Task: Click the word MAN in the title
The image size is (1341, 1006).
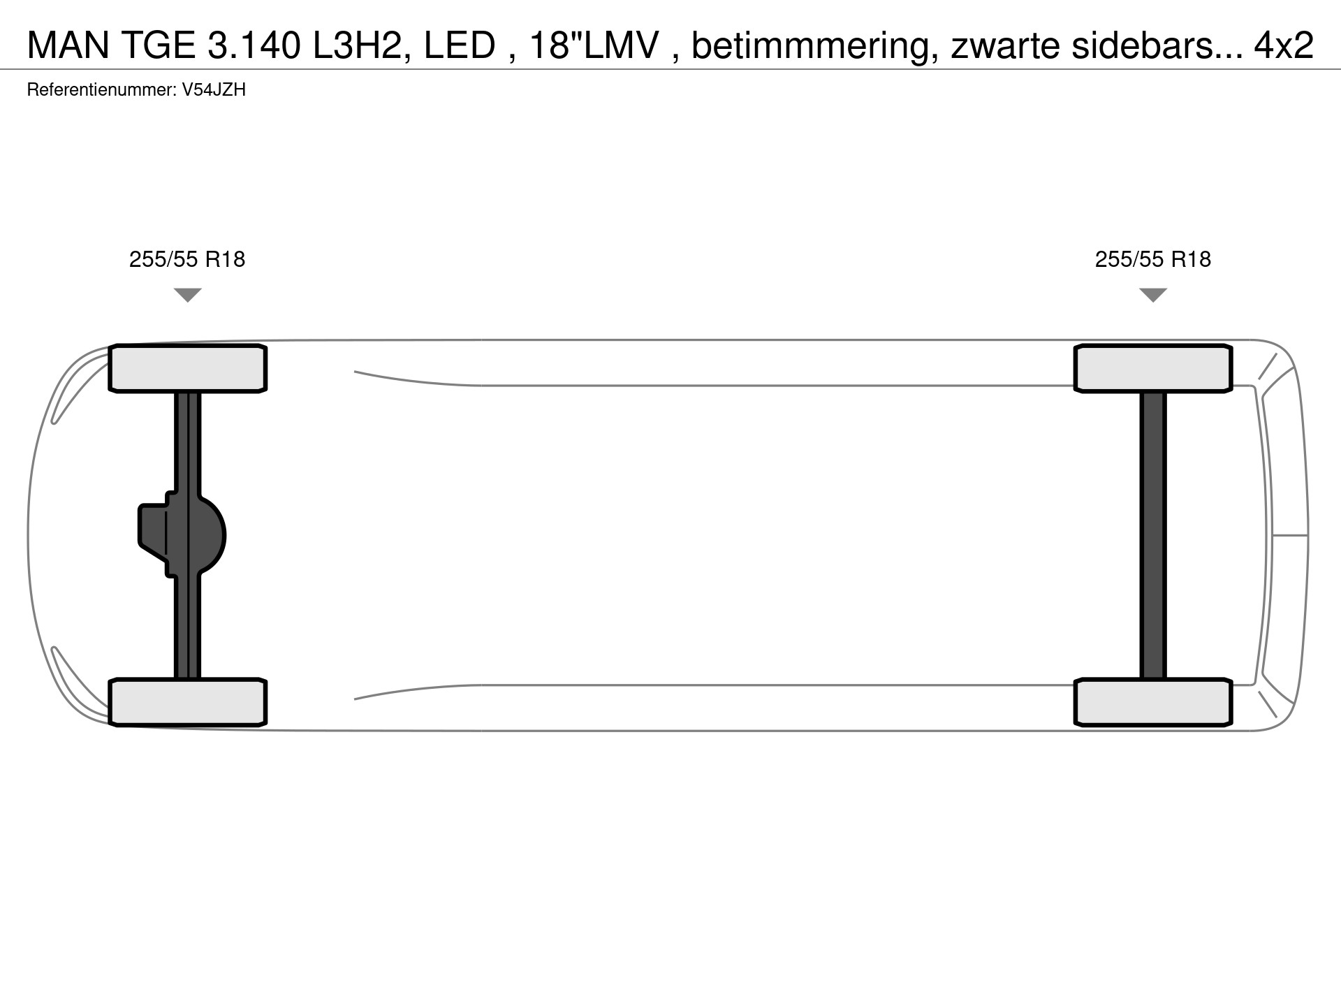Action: click(68, 45)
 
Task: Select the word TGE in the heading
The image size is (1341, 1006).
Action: click(159, 45)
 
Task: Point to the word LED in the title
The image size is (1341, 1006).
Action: click(460, 45)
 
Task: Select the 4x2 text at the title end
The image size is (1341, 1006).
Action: click(1284, 45)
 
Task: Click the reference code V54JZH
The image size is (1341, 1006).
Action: click(214, 90)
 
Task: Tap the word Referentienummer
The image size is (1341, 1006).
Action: click(101, 90)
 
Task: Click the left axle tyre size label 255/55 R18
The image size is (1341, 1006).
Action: click(187, 259)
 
